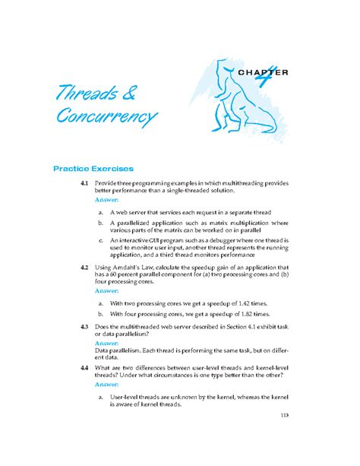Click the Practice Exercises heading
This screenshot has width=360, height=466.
[x=93, y=168]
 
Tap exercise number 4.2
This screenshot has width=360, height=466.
[x=84, y=268]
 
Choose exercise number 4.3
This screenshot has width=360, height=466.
[x=84, y=326]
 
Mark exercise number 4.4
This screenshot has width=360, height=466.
[x=84, y=368]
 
